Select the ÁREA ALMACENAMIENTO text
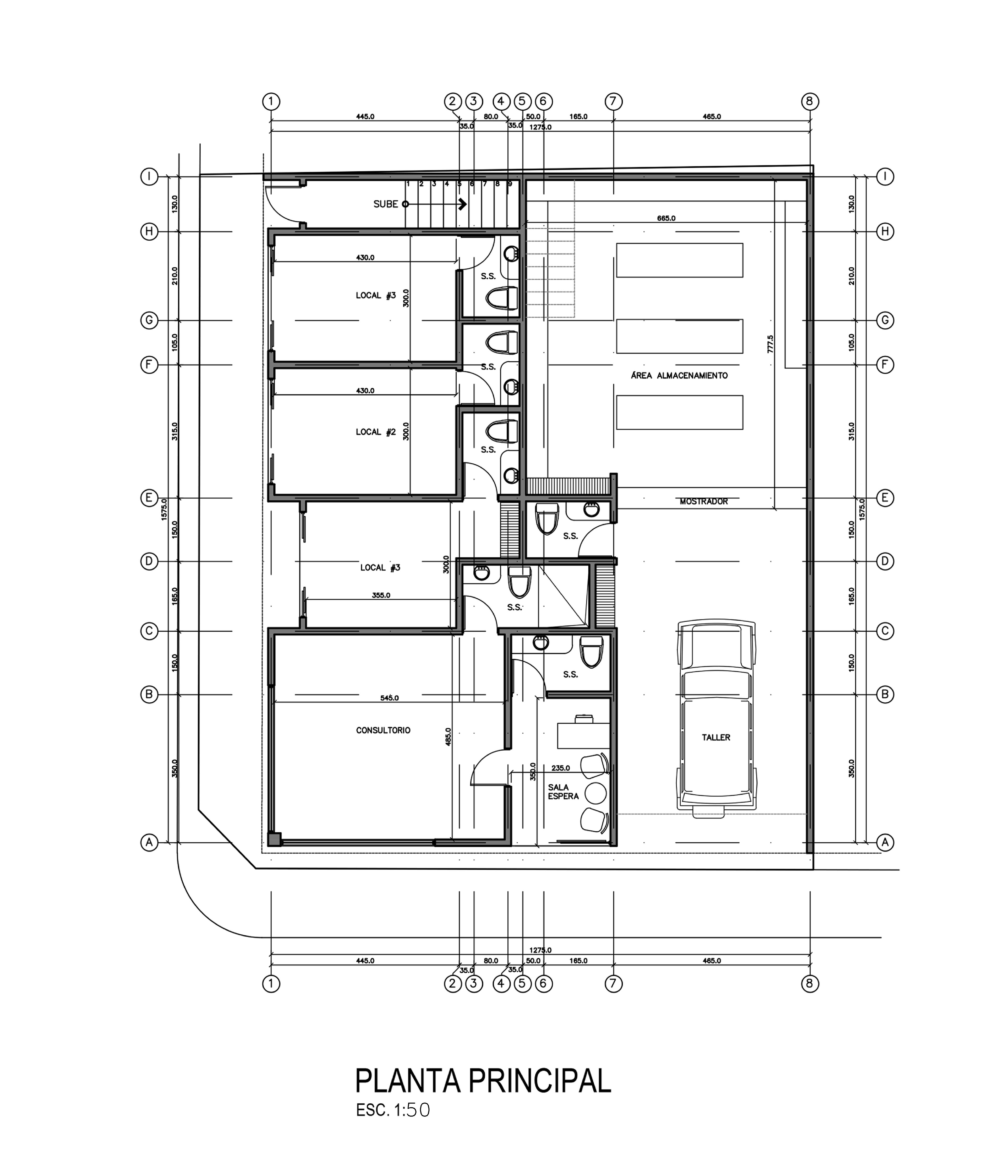679,376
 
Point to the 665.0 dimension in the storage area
666,218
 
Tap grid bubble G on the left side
149,321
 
